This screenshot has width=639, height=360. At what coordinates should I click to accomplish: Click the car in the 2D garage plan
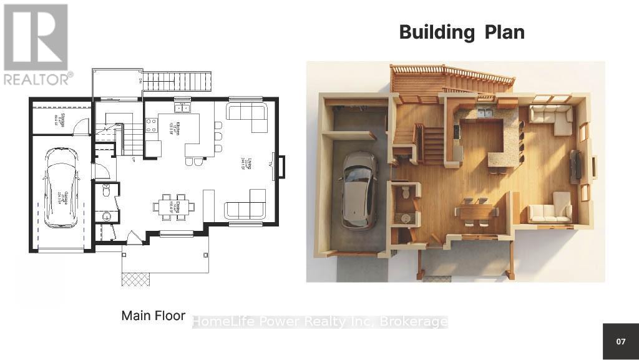coord(61,187)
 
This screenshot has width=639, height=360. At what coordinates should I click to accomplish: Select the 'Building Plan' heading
coord(462,32)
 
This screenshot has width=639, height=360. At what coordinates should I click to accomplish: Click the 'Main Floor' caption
coord(153,316)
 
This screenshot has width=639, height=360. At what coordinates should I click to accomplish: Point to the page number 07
coord(620,341)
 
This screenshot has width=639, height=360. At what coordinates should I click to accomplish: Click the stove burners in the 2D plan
coord(151,125)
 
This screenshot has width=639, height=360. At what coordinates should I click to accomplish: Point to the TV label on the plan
coord(270,164)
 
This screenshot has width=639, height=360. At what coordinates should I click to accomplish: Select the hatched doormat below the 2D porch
coord(135,279)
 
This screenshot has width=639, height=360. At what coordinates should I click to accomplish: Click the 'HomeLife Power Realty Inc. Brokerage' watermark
coord(319,322)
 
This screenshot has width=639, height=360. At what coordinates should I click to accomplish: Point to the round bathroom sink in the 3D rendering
coord(406,218)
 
